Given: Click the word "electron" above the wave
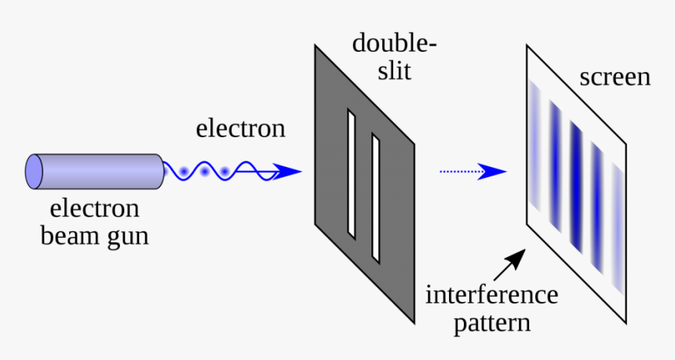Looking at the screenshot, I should click(240, 128).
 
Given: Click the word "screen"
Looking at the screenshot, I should click(615, 78).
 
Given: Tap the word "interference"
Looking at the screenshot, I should click(491, 296).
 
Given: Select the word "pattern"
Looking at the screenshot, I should click(491, 322).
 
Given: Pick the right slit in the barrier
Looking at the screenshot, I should click(376, 199).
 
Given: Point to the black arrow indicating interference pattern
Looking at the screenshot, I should click(513, 263).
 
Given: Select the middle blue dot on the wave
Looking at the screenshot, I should click(206, 170).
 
